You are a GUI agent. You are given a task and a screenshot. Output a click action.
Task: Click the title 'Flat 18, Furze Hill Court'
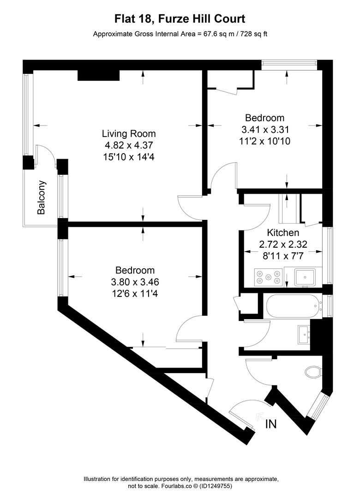click(x=180, y=19)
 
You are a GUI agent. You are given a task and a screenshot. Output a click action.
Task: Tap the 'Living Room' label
click(x=129, y=134)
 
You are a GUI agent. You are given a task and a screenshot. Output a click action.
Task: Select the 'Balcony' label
click(x=42, y=197)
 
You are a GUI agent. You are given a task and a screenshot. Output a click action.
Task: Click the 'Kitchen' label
click(x=283, y=232)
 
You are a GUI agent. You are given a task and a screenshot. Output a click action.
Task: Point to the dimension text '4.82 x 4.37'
click(x=129, y=145)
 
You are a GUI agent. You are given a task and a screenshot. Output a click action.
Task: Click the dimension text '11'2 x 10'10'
click(x=264, y=141)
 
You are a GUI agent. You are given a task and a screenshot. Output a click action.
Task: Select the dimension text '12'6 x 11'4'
click(x=135, y=292)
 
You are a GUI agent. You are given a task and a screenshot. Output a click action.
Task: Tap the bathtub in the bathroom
click(x=294, y=305)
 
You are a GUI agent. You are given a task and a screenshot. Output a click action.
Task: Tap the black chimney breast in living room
click(x=98, y=75)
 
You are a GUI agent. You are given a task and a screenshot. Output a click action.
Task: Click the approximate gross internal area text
click(x=180, y=34)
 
